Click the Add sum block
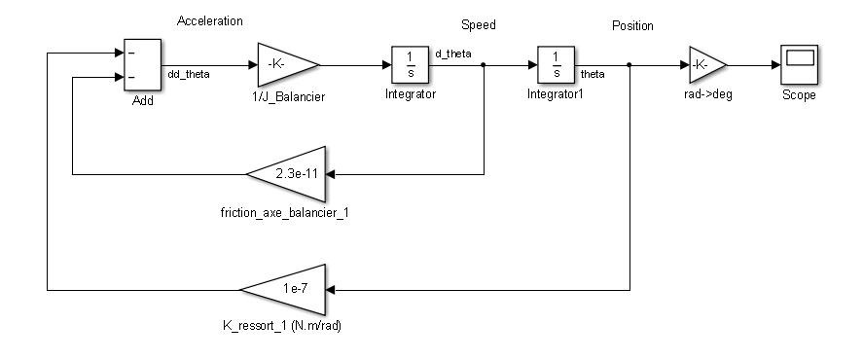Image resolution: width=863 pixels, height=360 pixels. [142, 65]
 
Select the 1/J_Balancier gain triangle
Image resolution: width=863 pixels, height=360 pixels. [285, 64]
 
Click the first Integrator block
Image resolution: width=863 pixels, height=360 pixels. [411, 64]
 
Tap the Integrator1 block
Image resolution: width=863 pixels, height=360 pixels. [556, 64]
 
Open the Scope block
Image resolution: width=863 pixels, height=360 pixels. [799, 64]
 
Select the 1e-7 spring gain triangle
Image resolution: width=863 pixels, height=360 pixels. [284, 289]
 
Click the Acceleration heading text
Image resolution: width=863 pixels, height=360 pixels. [210, 20]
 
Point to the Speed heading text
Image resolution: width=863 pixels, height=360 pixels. [477, 25]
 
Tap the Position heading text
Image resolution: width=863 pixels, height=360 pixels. [632, 25]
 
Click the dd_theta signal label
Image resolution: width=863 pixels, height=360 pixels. [190, 73]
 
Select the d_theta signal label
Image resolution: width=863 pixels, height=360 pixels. [454, 54]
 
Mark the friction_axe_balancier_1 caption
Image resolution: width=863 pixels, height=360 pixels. [285, 211]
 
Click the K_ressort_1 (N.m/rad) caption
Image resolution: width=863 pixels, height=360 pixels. [282, 326]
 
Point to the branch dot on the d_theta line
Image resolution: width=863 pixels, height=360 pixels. [485, 65]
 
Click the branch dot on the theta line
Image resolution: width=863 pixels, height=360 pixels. [629, 65]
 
